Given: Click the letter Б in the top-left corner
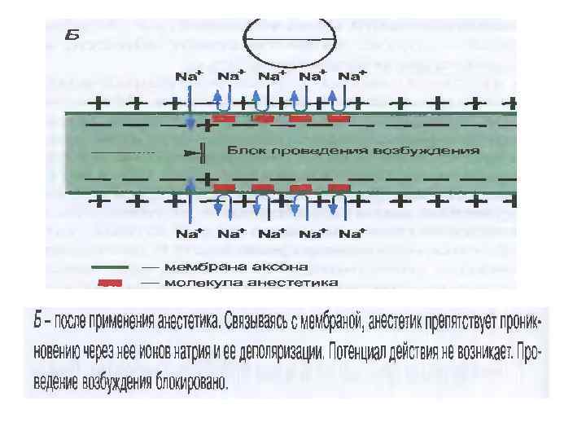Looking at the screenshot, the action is coord(72,35).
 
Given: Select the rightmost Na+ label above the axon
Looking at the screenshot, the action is coord(351,75).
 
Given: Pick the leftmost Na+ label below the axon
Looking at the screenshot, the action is coord(188,234).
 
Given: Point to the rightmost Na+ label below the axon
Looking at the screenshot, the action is coord(351,234).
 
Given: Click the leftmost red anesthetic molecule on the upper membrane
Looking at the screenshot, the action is coord(224,119).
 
